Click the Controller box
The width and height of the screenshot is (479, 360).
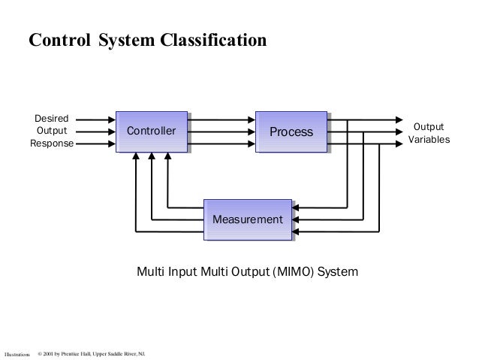150,132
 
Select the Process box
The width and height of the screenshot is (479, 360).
291,132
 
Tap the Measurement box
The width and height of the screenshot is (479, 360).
248,219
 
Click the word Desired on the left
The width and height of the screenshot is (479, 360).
52,119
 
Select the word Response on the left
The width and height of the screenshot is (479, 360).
52,144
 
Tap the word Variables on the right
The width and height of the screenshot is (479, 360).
429,140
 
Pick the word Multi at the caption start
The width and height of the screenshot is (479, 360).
149,270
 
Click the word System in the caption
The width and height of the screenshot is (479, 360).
338,270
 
